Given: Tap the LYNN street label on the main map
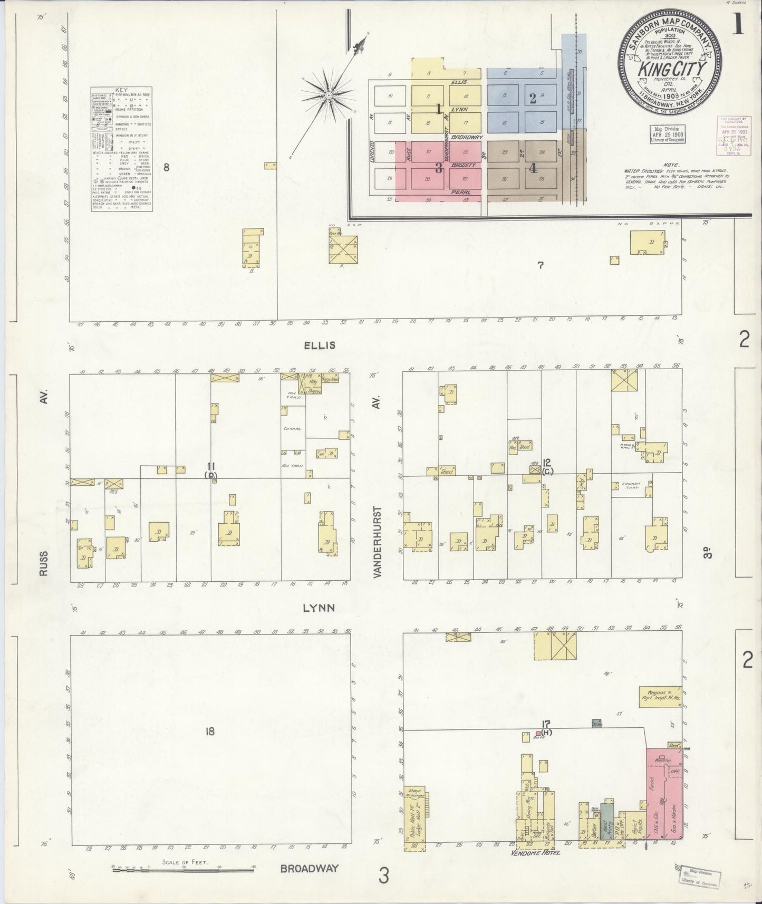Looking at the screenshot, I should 319,608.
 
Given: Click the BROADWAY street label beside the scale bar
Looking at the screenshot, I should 309,869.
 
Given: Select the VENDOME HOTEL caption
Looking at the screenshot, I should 536,852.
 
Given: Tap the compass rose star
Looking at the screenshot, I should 327,94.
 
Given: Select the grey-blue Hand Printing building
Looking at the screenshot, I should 607,822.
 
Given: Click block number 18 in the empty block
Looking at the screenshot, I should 210,732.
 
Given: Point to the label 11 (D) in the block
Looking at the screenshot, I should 211,470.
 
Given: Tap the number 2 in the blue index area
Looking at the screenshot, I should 533,98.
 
